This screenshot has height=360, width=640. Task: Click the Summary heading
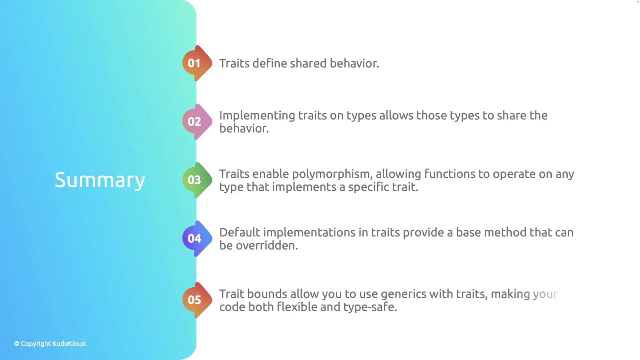(100, 180)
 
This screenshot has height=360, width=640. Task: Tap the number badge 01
(197, 63)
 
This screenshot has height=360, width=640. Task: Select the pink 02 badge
(197, 122)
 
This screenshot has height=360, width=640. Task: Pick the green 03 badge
(197, 180)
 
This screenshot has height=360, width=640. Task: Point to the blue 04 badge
(197, 239)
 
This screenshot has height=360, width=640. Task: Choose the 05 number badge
(197, 300)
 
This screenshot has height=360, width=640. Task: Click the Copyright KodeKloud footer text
(50, 344)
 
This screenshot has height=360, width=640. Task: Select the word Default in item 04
(240, 232)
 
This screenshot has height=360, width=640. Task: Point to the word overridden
(267, 245)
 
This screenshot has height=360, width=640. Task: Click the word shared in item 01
(308, 63)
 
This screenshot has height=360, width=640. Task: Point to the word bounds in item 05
(267, 294)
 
